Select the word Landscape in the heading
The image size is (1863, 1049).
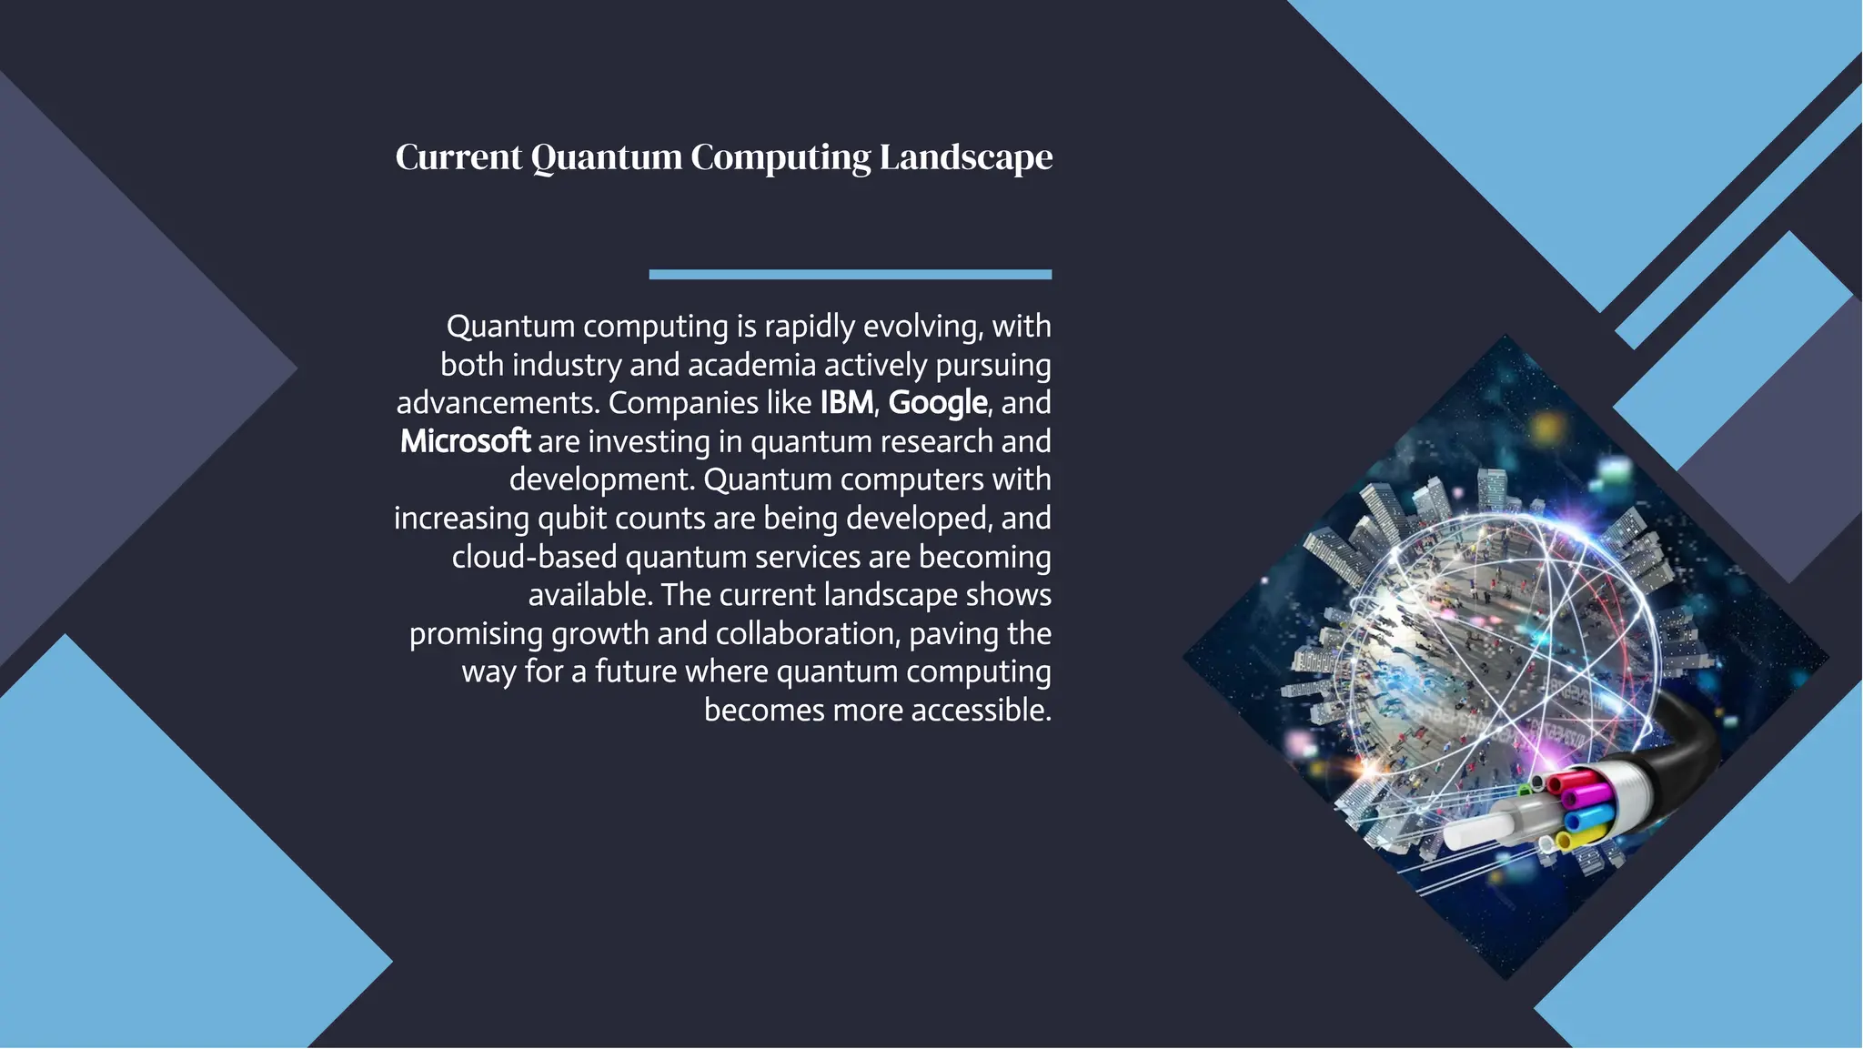point(965,157)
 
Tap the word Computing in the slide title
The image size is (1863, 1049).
point(780,157)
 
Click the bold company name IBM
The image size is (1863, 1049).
point(846,402)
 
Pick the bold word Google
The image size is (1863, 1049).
point(937,402)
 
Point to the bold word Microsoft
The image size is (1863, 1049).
point(465,441)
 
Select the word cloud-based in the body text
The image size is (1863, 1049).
point(534,557)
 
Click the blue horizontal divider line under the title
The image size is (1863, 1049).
point(850,274)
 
